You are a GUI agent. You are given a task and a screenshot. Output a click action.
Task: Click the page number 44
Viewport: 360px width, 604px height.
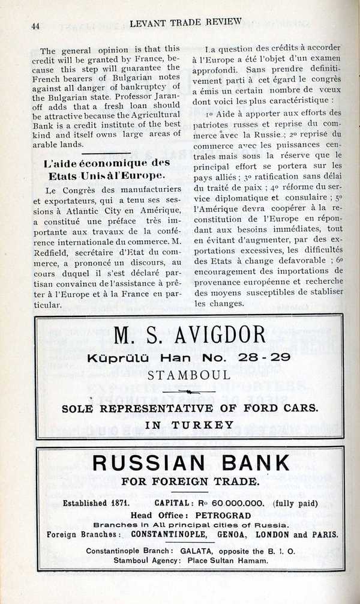(x=34, y=25)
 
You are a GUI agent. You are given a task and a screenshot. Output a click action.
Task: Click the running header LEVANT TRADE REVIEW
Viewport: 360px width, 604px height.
(x=185, y=22)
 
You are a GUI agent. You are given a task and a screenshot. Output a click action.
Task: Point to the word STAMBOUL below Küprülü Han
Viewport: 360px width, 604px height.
(x=189, y=375)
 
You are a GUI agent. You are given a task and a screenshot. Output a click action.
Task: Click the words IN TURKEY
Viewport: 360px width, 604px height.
(x=190, y=424)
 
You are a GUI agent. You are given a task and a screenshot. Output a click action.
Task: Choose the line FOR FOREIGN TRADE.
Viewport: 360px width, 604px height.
(x=190, y=481)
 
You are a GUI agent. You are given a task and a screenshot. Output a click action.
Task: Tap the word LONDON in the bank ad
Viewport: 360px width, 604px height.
(x=272, y=534)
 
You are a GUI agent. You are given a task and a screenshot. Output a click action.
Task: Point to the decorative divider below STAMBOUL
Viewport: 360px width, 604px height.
(x=189, y=391)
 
